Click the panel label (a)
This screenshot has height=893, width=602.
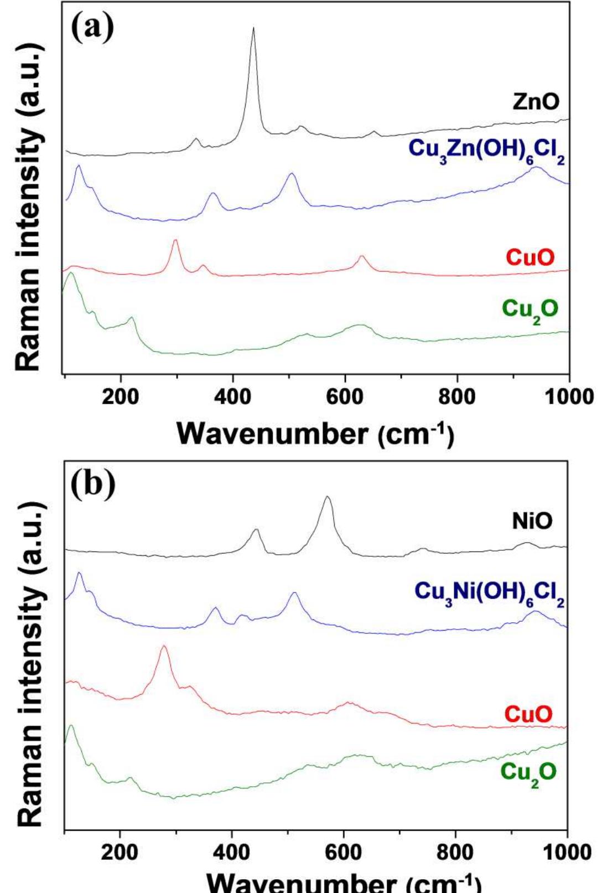(92, 27)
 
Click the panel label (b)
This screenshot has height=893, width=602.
(93, 483)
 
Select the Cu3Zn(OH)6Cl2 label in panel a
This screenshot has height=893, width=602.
(486, 150)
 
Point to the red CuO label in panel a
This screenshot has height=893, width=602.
(530, 257)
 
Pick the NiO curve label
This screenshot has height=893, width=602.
(532, 521)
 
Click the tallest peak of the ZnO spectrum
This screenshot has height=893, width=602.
(253, 28)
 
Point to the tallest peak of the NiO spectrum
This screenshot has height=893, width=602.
(328, 497)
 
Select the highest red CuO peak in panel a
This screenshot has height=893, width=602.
(175, 240)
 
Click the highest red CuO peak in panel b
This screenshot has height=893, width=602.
(163, 646)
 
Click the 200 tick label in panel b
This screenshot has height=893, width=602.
(120, 853)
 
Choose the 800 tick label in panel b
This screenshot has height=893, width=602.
(455, 853)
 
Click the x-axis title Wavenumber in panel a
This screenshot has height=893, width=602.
(315, 433)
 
